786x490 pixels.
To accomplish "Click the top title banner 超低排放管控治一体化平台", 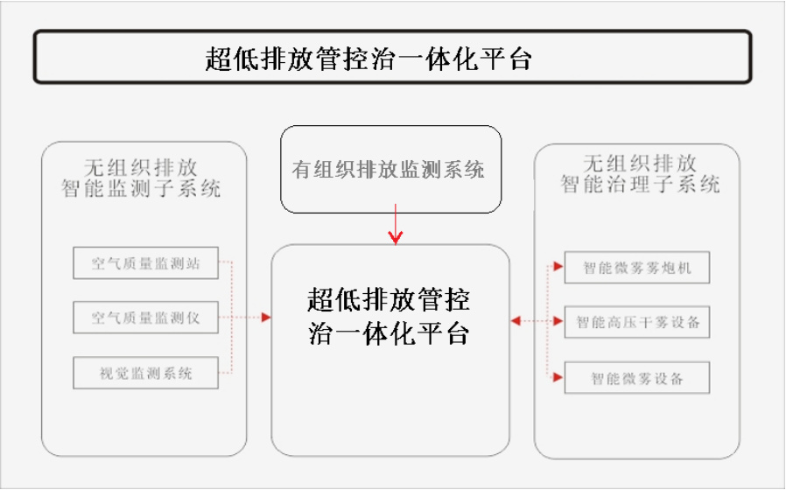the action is (392, 57).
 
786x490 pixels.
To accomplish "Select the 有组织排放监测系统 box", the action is (391, 170).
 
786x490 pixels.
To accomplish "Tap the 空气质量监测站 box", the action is (146, 262).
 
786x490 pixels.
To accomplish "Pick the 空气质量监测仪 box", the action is (146, 317).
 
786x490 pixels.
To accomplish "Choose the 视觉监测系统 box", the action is (146, 373).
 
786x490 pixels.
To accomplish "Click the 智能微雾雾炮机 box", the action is (637, 268).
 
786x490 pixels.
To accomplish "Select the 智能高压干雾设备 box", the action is (637, 322).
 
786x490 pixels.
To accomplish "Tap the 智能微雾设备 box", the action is (637, 378).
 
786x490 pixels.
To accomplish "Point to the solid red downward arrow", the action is (396, 224).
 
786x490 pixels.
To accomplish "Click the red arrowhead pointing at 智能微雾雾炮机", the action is (558, 267).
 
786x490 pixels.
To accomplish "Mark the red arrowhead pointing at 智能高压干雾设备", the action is (558, 321).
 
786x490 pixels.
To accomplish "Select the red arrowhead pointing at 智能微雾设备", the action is (558, 377).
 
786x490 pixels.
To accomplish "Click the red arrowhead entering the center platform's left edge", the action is (266, 317).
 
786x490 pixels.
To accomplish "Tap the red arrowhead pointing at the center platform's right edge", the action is (516, 320).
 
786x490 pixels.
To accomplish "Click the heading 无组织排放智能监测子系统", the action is (141, 178).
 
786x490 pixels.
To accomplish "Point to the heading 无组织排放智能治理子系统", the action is (640, 174).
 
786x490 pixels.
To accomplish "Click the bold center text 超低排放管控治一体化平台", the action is (389, 316).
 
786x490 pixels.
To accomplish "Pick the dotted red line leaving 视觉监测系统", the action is (226, 373).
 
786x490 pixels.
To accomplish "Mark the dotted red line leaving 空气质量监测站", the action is (226, 261).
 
